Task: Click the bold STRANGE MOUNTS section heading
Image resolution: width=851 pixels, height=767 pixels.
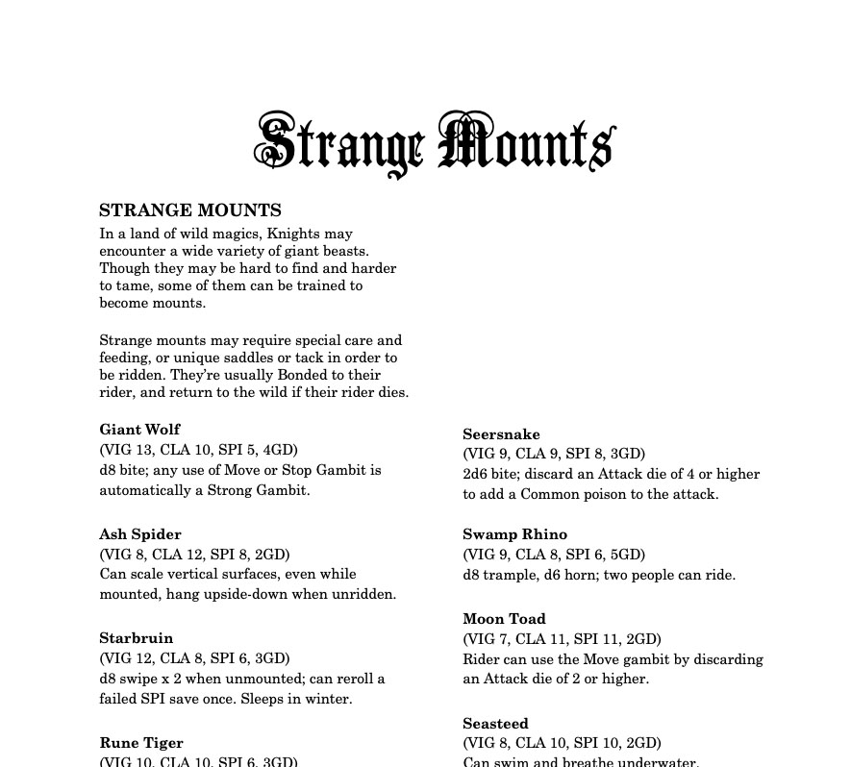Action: (x=190, y=210)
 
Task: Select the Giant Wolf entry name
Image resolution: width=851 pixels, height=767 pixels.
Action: (x=139, y=430)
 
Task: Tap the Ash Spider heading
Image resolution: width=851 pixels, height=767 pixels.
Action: (x=140, y=534)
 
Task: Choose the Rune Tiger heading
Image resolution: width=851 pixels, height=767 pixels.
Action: (x=141, y=743)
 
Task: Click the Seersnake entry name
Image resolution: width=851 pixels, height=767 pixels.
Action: (x=501, y=434)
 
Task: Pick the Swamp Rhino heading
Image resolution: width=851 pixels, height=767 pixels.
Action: (x=515, y=534)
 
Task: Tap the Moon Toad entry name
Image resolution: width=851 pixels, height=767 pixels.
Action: (x=504, y=619)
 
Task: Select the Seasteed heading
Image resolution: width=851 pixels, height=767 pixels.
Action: (x=495, y=724)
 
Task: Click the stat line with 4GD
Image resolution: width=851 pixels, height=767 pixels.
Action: (x=199, y=450)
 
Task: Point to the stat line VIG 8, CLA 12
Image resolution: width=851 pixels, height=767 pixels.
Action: (x=194, y=555)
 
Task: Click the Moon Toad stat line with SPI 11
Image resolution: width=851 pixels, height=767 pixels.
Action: (x=562, y=639)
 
